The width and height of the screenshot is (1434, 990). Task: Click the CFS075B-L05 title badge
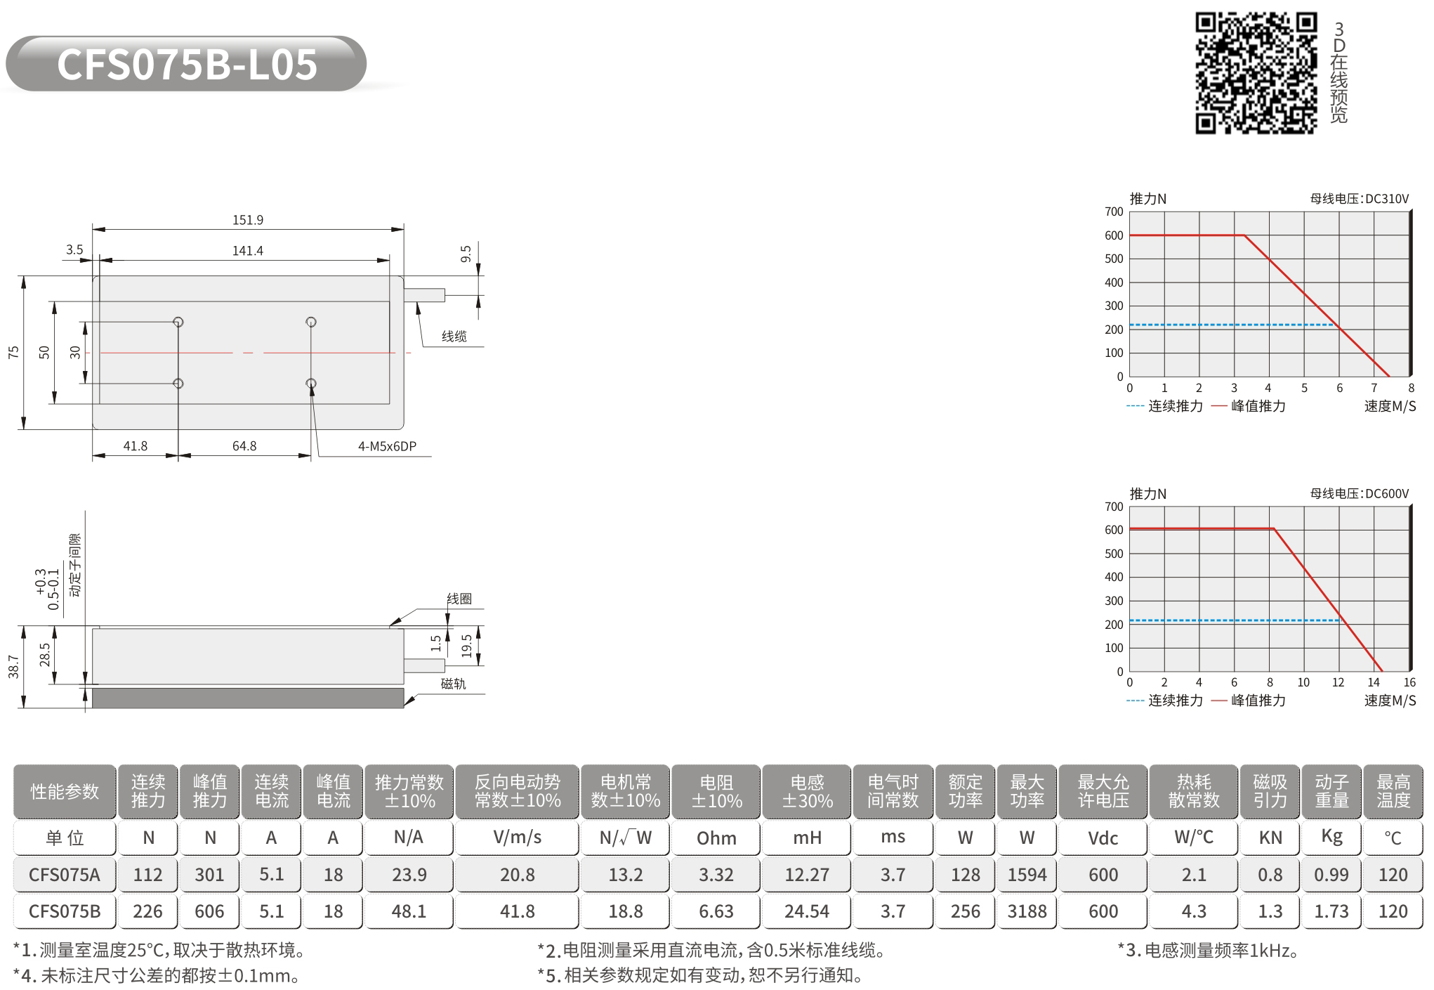(x=186, y=64)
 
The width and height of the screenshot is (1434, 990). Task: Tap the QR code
(x=1256, y=73)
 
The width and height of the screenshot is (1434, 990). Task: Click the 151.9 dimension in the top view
(x=248, y=220)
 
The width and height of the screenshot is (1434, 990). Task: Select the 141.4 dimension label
(x=248, y=251)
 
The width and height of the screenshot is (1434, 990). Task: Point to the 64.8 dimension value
(x=244, y=446)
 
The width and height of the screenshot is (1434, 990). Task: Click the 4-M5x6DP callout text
(x=387, y=446)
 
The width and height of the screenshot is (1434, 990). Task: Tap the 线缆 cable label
(x=454, y=337)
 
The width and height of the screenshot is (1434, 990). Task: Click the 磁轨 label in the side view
(x=454, y=684)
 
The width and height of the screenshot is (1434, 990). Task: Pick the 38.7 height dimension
(x=13, y=667)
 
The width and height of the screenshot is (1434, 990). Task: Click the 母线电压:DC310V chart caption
(x=1360, y=199)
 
